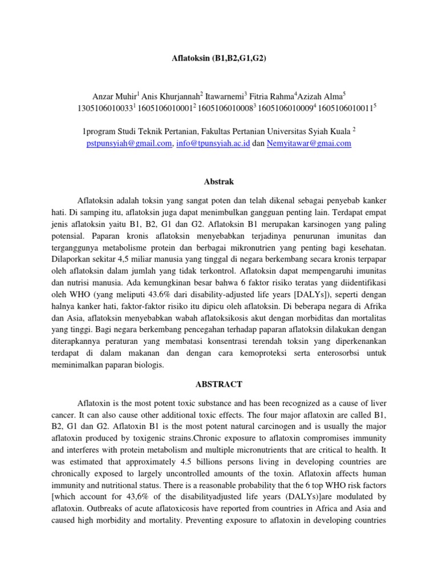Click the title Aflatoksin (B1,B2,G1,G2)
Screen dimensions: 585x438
click(x=219, y=58)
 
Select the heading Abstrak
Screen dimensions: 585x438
click(x=219, y=182)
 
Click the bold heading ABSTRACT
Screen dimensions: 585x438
click(x=219, y=384)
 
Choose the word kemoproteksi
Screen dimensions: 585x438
click(x=263, y=352)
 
